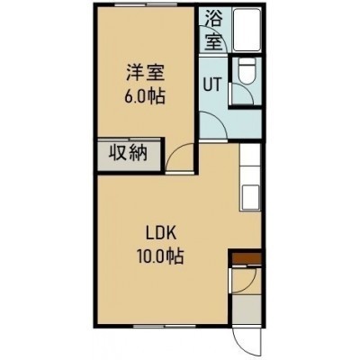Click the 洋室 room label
tap(145, 73)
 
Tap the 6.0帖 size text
tap(145, 96)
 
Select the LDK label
tap(160, 234)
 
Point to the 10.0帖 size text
tap(160, 256)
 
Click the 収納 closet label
tap(128, 153)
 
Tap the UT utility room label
tap(212, 85)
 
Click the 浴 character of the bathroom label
tap(214, 19)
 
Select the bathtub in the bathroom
tap(247, 30)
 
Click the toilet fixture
tap(247, 71)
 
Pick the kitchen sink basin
tap(250, 196)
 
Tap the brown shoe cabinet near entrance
tap(247, 258)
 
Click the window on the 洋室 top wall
tap(146, 4)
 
